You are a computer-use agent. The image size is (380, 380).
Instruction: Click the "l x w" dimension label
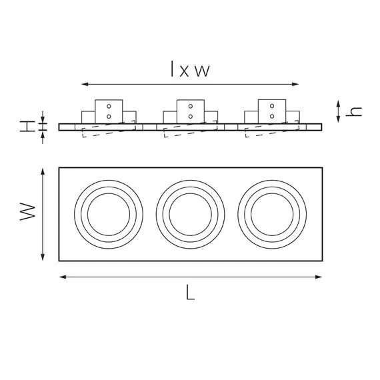point(189,70)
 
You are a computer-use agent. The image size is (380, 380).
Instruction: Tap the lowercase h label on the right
point(357,111)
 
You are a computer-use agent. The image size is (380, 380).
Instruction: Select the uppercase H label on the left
point(26,126)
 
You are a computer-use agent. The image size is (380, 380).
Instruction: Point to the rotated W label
point(27,213)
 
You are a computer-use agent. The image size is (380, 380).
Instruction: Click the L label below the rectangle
point(191,293)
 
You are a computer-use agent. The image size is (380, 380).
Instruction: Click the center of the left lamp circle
point(109,213)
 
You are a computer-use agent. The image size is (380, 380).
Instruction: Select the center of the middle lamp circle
point(191,213)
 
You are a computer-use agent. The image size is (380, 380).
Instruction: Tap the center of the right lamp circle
point(271,213)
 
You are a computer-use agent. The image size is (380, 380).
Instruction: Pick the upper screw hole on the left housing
point(109,107)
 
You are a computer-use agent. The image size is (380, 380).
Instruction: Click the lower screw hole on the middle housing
point(191,117)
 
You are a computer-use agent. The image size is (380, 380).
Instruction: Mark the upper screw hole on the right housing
point(271,107)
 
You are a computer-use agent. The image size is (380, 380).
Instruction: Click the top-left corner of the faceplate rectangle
point(59,167)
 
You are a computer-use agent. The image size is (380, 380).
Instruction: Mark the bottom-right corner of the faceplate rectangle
point(322,261)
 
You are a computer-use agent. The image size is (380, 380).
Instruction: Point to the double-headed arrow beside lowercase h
point(339,111)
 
